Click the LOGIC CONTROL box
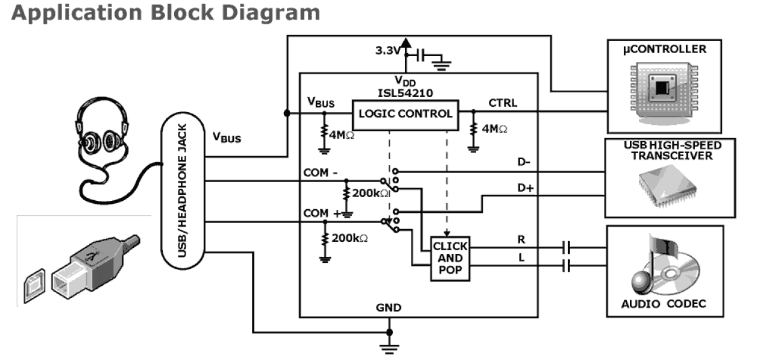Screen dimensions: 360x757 (x=404, y=113)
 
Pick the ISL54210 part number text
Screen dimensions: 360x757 (x=404, y=92)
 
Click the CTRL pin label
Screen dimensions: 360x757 (x=503, y=103)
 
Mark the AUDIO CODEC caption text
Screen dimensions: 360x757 (x=663, y=303)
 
